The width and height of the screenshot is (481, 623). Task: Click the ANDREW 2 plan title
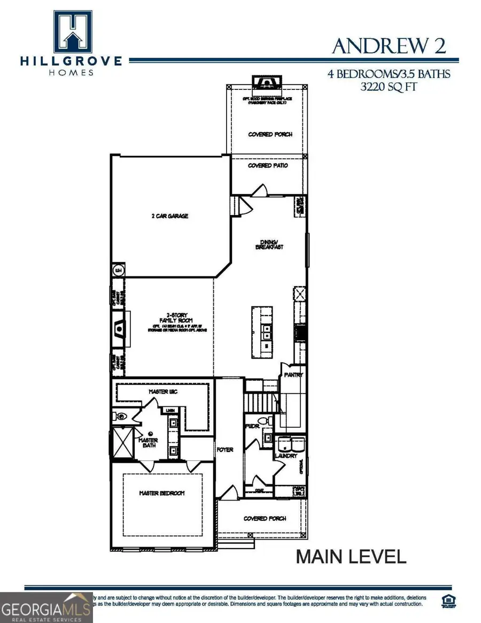[x=389, y=46]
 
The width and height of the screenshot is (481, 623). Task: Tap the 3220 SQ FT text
[x=389, y=87]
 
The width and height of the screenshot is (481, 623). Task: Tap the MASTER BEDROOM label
[x=162, y=493]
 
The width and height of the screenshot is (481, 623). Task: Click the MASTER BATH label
[x=148, y=443]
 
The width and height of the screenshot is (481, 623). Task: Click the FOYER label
[x=225, y=450]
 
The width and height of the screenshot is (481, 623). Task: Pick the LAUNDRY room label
[x=286, y=456]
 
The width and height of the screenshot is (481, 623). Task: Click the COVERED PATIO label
[x=268, y=166]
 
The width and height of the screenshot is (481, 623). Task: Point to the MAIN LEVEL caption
[x=351, y=557]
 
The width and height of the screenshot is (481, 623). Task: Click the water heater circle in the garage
[x=118, y=271]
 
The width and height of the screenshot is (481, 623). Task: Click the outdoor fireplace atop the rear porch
[x=266, y=82]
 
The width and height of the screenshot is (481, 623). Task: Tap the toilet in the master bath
[x=120, y=415]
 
